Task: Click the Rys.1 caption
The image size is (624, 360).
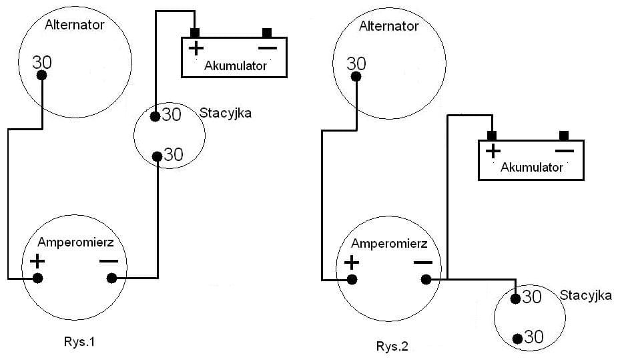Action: pos(79,343)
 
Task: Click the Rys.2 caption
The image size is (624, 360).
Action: pos(393,346)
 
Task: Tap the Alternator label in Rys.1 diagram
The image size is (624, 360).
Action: pos(75,26)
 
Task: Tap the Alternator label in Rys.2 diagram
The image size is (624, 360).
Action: pos(389,27)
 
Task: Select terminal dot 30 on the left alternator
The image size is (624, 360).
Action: pos(43,75)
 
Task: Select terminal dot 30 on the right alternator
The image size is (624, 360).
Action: pos(356,77)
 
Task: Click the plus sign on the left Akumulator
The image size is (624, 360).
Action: pos(196,47)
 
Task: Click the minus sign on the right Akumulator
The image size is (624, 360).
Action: pos(564,150)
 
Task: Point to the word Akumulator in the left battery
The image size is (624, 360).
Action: pos(236,65)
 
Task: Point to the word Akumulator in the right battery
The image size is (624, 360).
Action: pos(532,167)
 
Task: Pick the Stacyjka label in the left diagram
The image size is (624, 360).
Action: pos(226,114)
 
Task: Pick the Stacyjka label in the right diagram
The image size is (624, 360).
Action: pos(585,296)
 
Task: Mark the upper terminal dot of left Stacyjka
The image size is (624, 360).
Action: pos(155,117)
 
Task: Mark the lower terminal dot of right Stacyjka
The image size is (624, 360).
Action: pos(517,339)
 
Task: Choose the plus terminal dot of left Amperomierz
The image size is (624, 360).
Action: pos(38,278)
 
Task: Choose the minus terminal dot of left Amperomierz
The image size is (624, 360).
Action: pos(111,278)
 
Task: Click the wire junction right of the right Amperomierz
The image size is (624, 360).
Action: pos(447,279)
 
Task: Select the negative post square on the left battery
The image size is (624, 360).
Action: pos(267,33)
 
